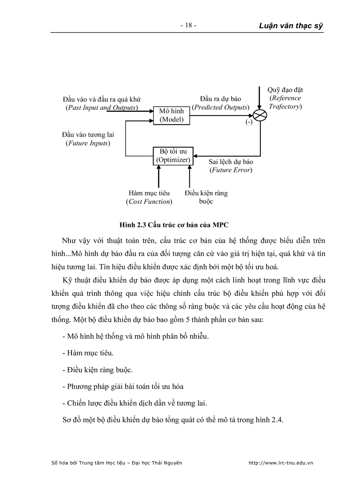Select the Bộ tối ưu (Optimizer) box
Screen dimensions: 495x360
pos(173,156)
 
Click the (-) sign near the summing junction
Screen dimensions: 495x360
pos(249,123)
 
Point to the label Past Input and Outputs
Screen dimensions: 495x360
pos(101,108)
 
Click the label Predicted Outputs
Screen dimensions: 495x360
pos(221,107)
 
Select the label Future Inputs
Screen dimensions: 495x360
pos(88,143)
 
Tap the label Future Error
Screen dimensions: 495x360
pos(231,170)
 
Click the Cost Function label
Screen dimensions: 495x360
pos(149,201)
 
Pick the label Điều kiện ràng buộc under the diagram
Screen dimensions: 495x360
pos(206,197)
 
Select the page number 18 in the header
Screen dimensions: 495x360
pos(188,26)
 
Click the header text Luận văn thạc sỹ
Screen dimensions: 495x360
pos(291,26)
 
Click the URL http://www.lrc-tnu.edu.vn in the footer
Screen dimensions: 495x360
pos(281,463)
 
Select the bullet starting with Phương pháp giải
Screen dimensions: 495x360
pos(125,386)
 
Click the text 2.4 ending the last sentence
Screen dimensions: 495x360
pos(276,420)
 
